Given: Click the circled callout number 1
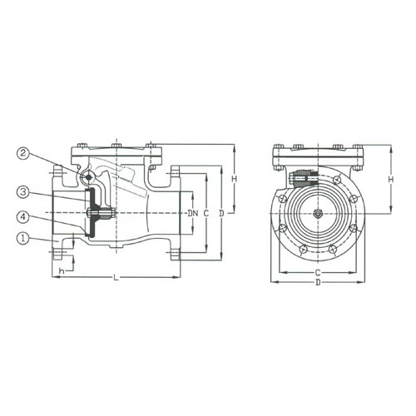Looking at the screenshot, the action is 23,239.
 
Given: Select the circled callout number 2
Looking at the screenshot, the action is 23,153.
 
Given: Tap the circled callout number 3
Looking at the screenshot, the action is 23,192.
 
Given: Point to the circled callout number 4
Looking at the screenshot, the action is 23,216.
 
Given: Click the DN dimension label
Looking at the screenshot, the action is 193,213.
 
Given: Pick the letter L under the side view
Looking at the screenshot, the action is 116,277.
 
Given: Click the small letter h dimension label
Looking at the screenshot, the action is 62,271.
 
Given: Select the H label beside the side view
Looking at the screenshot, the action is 235,179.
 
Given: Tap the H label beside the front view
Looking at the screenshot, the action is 391,180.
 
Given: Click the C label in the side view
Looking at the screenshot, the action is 206,213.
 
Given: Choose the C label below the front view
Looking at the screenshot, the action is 318,272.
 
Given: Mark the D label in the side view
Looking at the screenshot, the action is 221,213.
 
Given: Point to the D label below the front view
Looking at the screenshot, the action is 318,283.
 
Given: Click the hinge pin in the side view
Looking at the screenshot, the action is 88,177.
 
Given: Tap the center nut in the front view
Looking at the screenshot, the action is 318,214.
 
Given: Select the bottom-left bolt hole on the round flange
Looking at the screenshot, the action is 304,249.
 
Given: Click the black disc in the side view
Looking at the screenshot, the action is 93,213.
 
